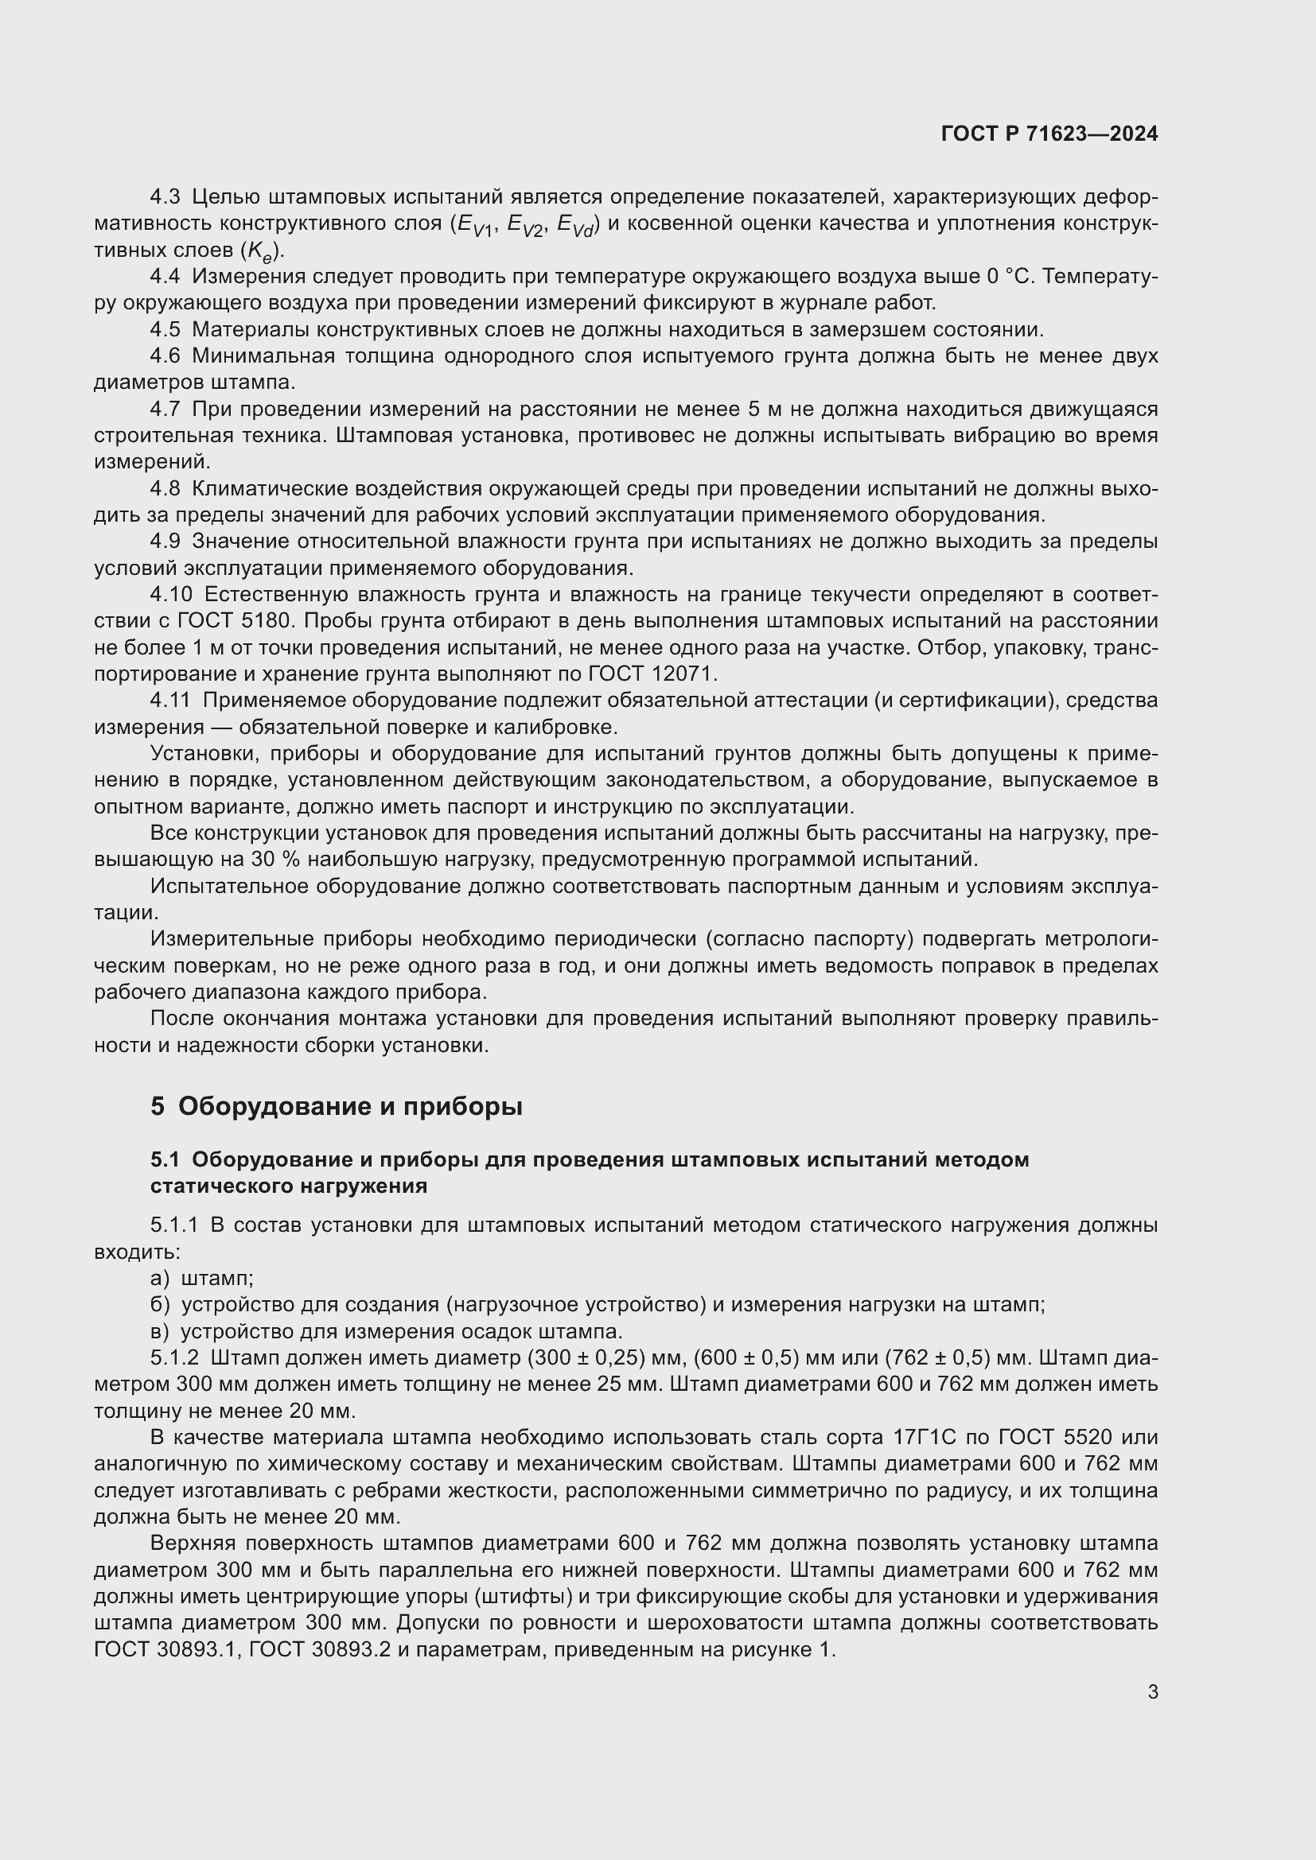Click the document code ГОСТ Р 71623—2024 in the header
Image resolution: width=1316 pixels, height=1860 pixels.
pos(1049,134)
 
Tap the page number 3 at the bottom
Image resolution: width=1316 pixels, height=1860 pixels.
pos(1152,1691)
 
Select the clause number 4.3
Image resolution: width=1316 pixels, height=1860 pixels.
pos(165,197)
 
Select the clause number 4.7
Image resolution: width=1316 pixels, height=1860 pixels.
pos(165,409)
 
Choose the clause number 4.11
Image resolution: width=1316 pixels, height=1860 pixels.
pos(170,701)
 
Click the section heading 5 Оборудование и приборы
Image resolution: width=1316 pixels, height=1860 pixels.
pos(337,1106)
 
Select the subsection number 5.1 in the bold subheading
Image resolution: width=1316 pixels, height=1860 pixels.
pos(165,1160)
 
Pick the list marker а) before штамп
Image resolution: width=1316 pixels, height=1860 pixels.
pos(160,1279)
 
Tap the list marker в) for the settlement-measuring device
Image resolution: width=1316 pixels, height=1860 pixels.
pos(160,1331)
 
